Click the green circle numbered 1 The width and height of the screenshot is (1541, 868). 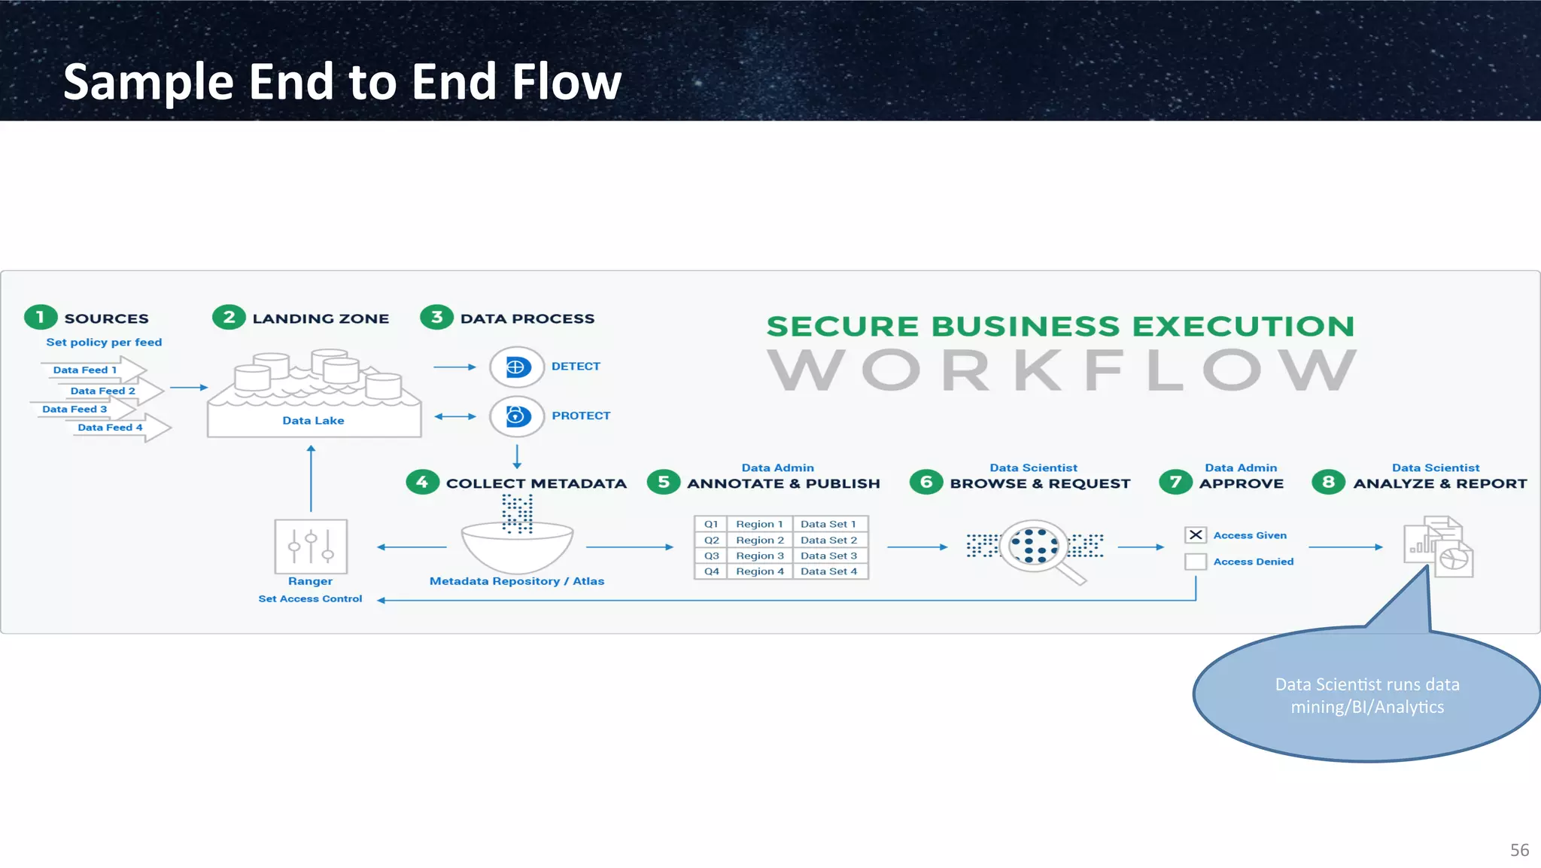(x=41, y=317)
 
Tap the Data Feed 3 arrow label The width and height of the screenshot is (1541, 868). (x=74, y=409)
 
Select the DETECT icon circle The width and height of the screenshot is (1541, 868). (x=516, y=367)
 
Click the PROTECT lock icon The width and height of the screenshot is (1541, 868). (x=516, y=416)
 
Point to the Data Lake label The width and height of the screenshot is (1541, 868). (x=313, y=420)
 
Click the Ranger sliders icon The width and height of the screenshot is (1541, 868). (x=311, y=547)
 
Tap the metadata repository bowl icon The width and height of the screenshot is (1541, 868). (x=517, y=547)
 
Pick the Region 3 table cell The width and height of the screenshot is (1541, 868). (x=760, y=556)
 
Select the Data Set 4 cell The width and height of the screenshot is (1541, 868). (x=828, y=571)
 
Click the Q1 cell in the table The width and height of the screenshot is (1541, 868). (x=711, y=524)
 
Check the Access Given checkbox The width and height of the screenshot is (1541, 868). (x=1196, y=535)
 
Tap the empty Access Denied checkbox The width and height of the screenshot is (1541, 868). (x=1196, y=562)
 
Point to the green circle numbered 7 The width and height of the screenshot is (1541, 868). (x=1175, y=482)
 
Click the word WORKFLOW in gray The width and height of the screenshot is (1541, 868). (x=1062, y=370)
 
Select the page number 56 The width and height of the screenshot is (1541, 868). (x=1519, y=850)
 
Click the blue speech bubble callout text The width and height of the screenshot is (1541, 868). (x=1367, y=696)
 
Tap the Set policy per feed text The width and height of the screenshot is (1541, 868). (x=104, y=342)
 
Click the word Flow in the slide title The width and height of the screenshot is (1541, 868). (x=566, y=81)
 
